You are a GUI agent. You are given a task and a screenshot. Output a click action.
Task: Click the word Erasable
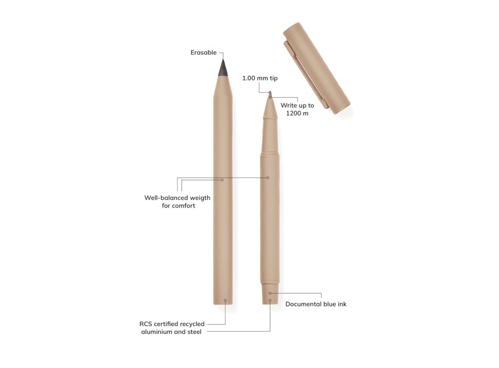point(203,53)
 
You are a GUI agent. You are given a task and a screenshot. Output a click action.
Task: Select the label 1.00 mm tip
point(259,78)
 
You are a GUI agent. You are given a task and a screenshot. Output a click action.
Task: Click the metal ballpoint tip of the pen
point(270,94)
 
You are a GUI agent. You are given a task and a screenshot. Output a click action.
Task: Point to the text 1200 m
point(297,114)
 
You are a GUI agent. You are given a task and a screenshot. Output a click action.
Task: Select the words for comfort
point(178,206)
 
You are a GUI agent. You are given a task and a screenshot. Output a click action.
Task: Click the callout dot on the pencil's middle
point(222,180)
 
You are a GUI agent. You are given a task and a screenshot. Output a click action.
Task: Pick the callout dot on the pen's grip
point(267,178)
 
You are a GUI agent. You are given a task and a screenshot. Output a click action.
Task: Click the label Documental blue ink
point(316,304)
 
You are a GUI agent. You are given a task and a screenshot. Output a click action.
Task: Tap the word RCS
point(146,324)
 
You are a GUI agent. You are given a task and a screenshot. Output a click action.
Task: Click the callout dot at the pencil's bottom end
point(225,300)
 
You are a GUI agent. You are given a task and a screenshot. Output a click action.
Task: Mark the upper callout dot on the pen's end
point(270,293)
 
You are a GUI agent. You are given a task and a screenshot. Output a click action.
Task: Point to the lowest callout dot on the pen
point(270,301)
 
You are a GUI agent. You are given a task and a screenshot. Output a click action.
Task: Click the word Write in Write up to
point(289,106)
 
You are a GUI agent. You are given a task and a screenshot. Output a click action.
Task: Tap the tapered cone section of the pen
point(270,109)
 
